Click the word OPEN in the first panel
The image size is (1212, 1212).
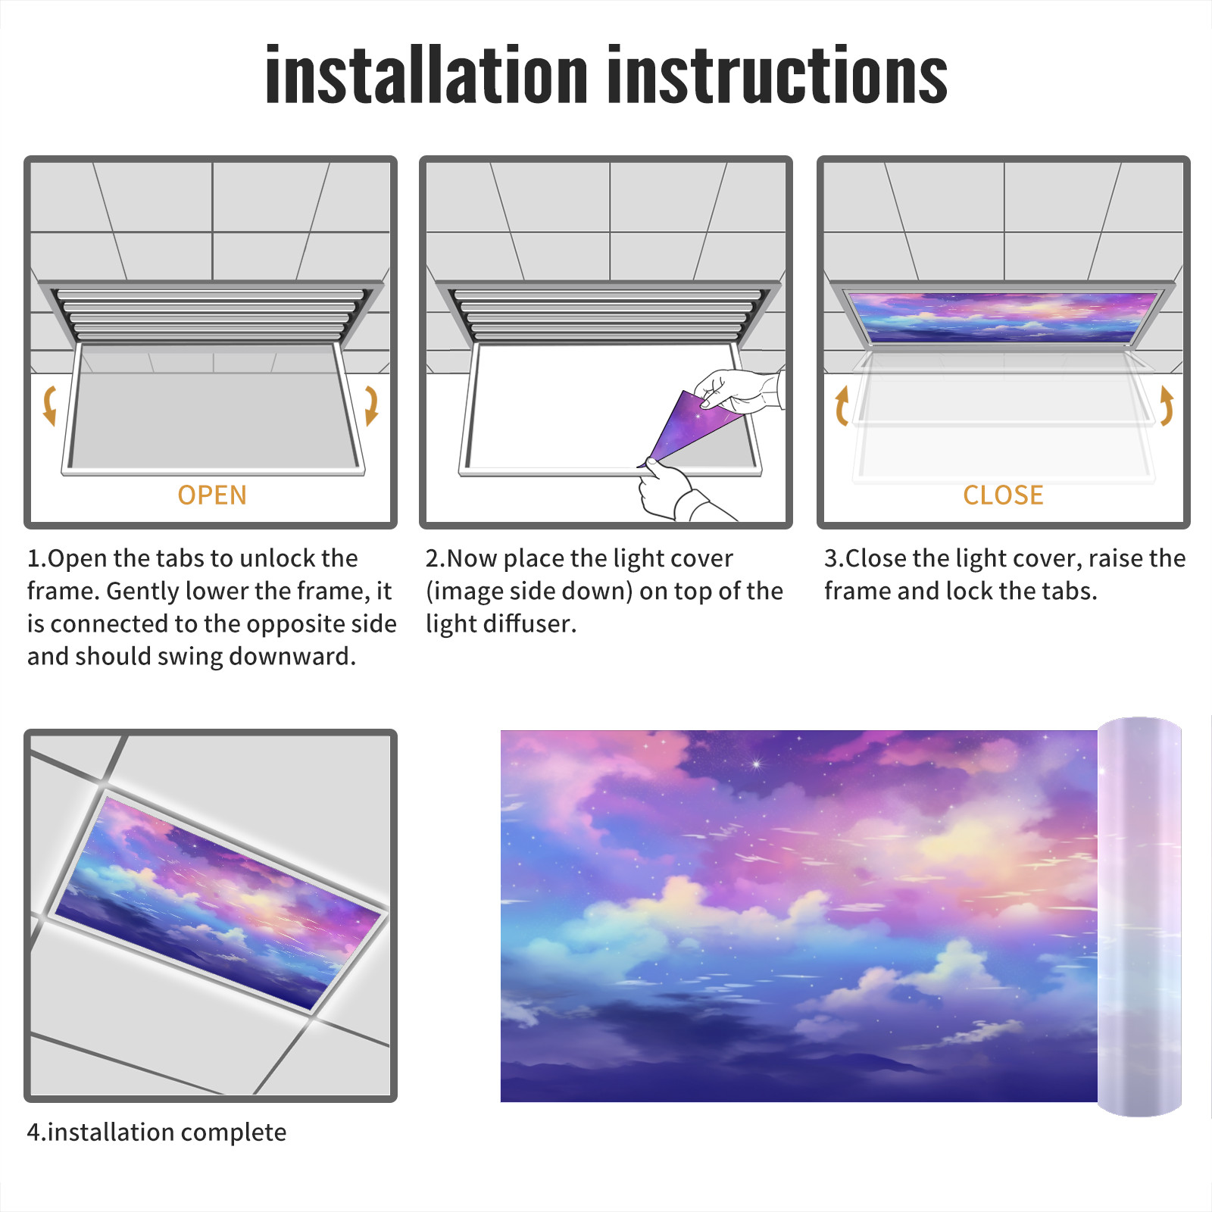click(x=212, y=495)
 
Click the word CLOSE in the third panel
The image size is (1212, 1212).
click(x=1003, y=495)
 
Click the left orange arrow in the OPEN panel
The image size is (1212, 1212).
click(x=50, y=405)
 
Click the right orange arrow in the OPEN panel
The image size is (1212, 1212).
click(x=371, y=405)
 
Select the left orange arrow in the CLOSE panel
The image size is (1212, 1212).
click(x=842, y=405)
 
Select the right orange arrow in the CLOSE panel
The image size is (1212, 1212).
click(x=1167, y=405)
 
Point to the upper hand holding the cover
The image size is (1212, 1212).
click(x=739, y=390)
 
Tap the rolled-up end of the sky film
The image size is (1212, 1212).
click(x=1139, y=917)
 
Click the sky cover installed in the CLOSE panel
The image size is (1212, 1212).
click(x=1003, y=317)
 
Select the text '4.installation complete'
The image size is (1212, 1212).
click(x=157, y=1132)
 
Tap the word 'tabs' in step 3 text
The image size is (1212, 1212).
click(x=1070, y=591)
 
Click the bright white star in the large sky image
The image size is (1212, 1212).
click(x=756, y=764)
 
